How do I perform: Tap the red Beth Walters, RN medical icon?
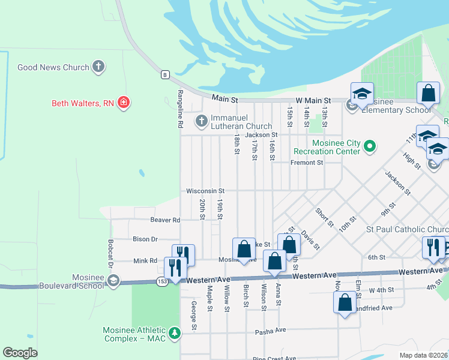(x=124, y=103)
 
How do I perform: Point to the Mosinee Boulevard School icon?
(x=113, y=281)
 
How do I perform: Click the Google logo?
(x=20, y=353)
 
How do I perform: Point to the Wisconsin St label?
(x=205, y=190)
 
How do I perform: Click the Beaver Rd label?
(x=165, y=220)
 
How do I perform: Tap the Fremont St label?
(x=307, y=162)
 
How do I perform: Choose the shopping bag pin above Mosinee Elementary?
(x=428, y=94)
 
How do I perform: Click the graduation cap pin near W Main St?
(x=362, y=94)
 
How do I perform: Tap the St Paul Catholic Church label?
(x=407, y=229)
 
